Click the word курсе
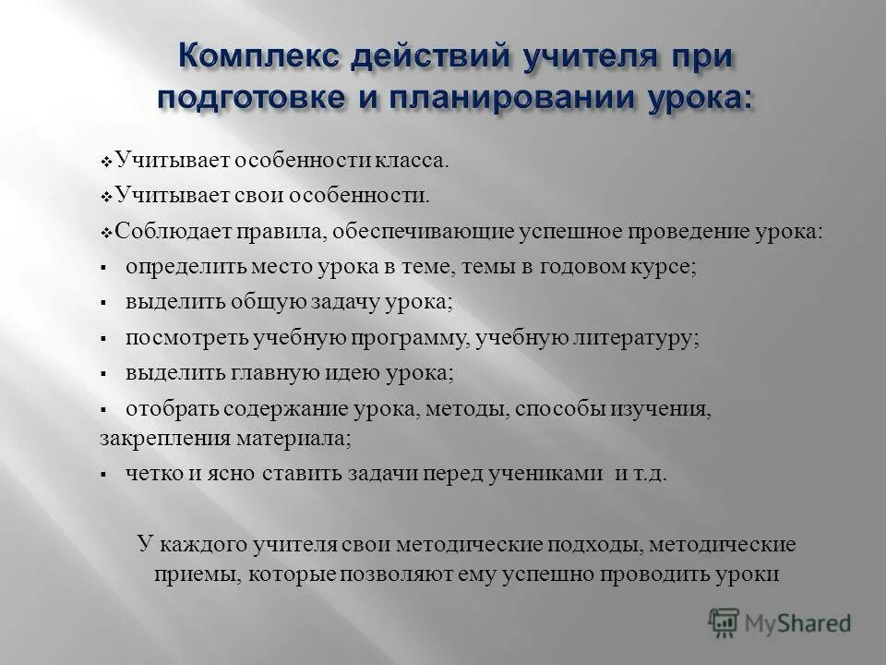[663, 267]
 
